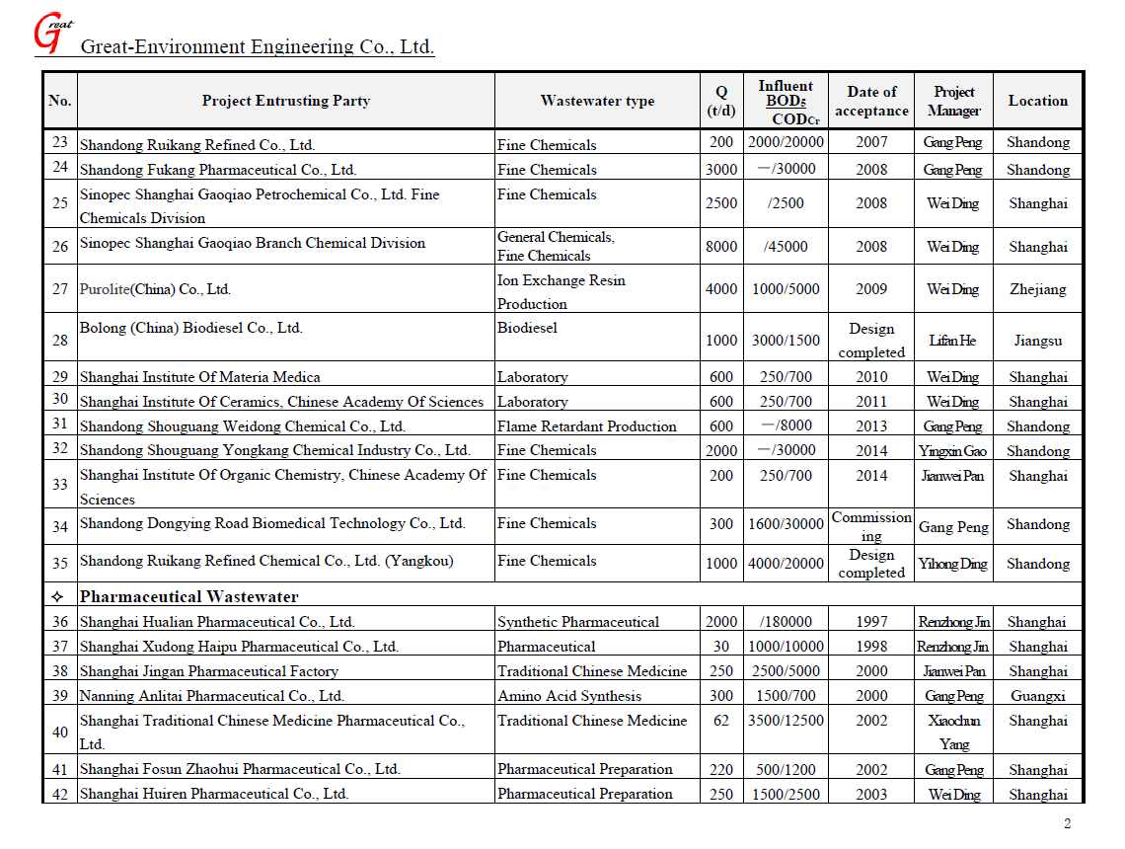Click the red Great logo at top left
coord(51,33)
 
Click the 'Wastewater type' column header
coord(597,101)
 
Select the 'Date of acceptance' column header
coord(871,101)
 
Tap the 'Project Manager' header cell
coord(953,101)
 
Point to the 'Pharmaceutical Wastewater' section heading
coord(188,596)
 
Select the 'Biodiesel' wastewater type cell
coord(527,328)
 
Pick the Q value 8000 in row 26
coord(721,247)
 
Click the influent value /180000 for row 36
coord(787,622)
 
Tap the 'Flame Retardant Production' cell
coord(587,426)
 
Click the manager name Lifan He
coord(953,341)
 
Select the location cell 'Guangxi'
coord(1037,696)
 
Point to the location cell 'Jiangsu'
coord(1037,341)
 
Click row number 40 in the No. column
coord(60,733)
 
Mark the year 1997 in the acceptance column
coord(871,622)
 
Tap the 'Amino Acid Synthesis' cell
coord(569,696)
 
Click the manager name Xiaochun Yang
coord(953,733)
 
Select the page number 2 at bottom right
coord(1067,824)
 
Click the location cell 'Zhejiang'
coord(1037,289)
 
